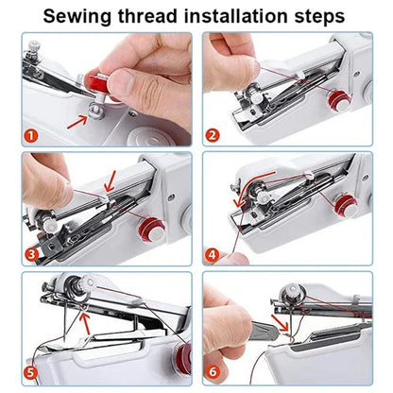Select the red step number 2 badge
[x=214, y=135]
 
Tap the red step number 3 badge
[x=30, y=252]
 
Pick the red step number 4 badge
[x=214, y=252]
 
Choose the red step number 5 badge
[x=30, y=371]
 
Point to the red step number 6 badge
[x=214, y=371]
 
